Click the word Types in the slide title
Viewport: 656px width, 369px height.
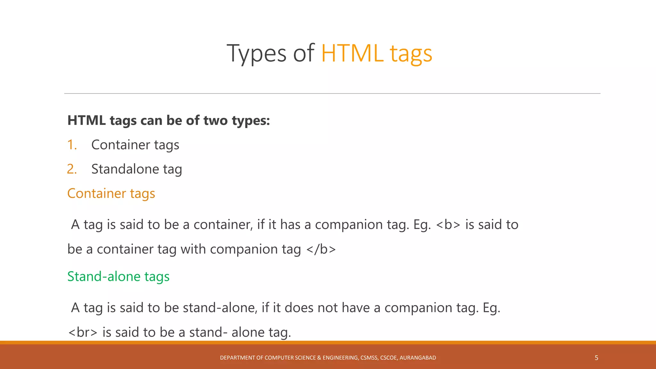[x=256, y=53]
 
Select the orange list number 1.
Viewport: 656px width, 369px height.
[x=72, y=145]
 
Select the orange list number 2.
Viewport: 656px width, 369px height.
[x=72, y=169]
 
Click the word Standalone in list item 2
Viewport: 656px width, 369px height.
[x=125, y=169]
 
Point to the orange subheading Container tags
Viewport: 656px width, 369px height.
[x=111, y=193]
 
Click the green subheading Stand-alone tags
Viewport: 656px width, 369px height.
[x=118, y=276]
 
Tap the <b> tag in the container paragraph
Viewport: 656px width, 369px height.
[x=448, y=225]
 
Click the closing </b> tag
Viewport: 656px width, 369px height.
[x=321, y=249]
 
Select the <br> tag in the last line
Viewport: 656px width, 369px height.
[x=83, y=332]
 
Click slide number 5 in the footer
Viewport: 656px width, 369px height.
[x=596, y=358]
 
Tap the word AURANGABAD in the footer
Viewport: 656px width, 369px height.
[x=418, y=358]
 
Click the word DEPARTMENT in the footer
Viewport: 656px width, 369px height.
[x=237, y=358]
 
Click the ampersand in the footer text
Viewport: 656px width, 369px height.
[x=319, y=358]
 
